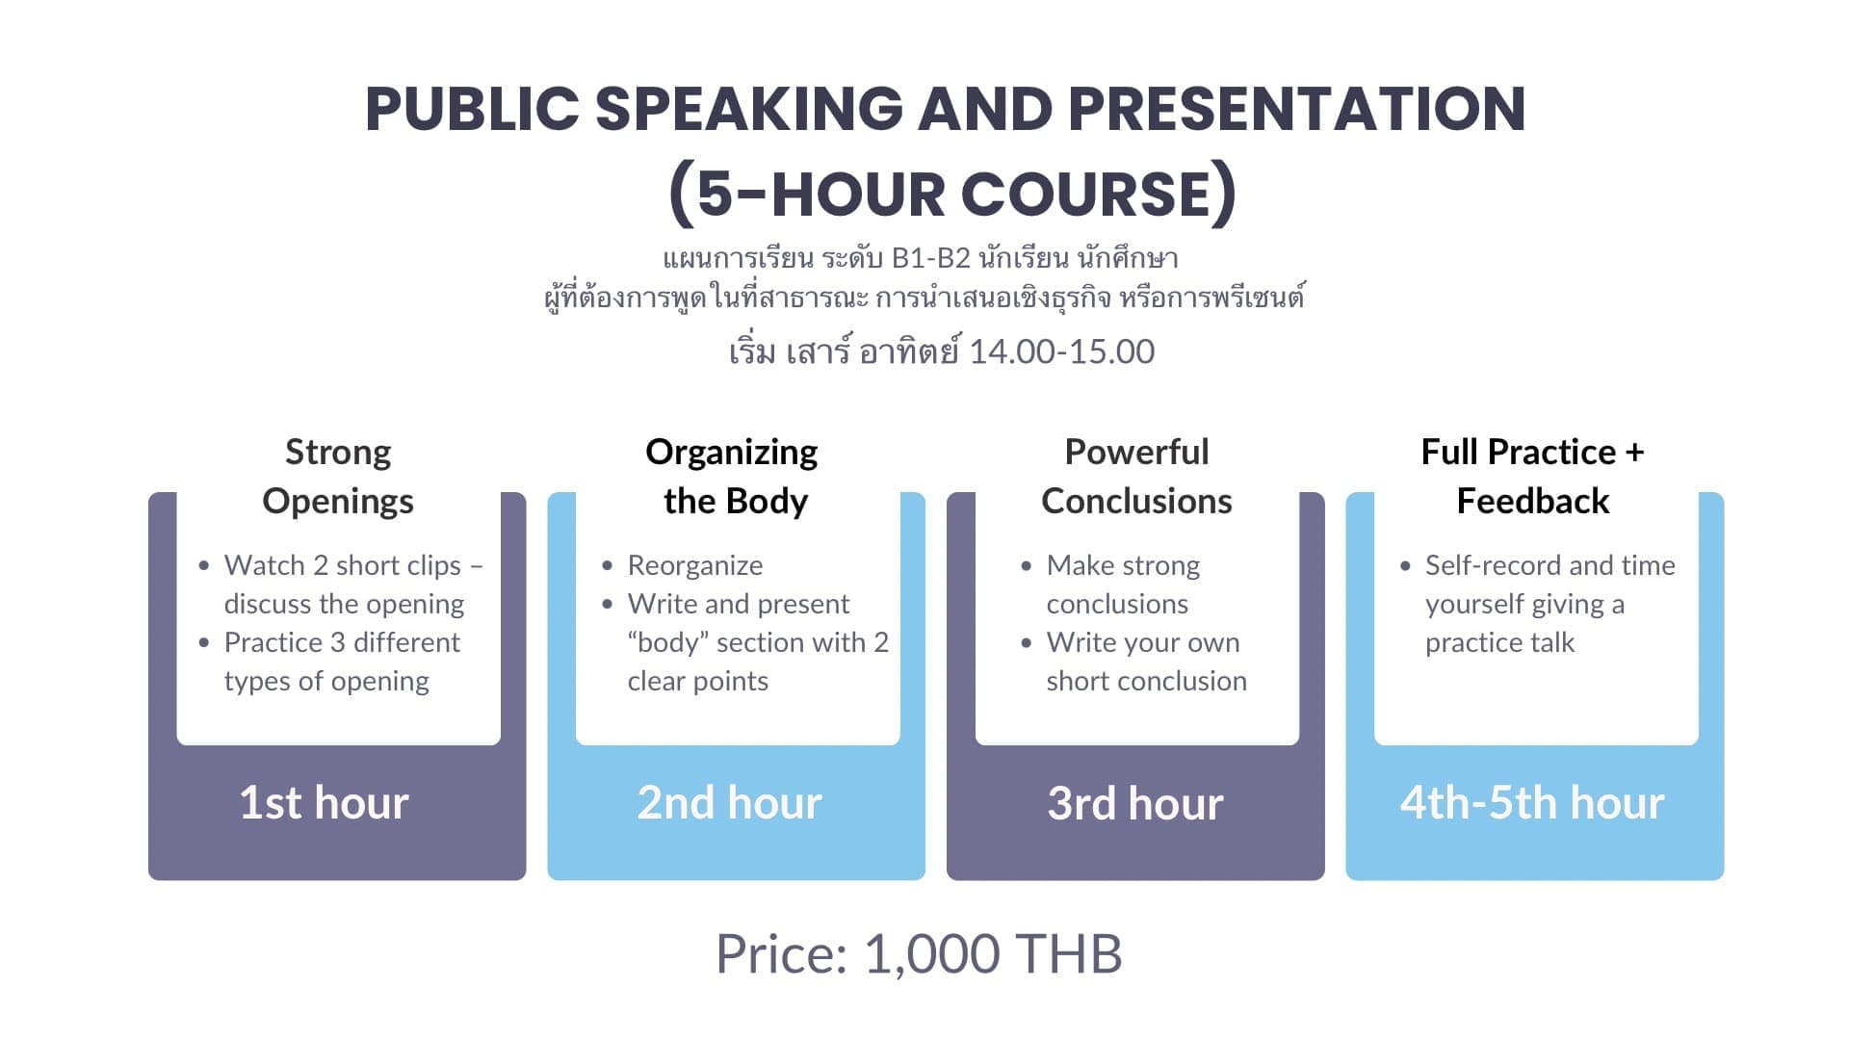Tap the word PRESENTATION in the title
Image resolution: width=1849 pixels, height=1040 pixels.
1296,109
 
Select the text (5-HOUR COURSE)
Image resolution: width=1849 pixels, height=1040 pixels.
951,194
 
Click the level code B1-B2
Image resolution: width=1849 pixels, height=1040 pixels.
930,258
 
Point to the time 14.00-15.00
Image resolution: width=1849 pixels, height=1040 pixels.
1061,351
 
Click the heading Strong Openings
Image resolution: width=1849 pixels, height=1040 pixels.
338,476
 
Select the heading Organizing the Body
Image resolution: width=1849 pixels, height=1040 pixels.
733,476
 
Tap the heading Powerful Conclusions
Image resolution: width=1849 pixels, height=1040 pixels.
1136,476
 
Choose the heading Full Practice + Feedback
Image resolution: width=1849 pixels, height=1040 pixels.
1532,476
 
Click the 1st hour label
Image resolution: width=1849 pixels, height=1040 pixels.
324,802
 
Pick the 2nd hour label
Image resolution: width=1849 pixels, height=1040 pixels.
729,802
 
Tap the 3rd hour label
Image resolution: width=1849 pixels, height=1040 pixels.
1134,802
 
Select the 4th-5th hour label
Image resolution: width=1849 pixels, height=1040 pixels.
1531,802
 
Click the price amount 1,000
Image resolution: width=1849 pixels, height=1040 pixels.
932,954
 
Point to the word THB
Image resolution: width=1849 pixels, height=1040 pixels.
1069,954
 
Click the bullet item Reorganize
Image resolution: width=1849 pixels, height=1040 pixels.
694,565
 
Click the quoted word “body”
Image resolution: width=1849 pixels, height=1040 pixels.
667,642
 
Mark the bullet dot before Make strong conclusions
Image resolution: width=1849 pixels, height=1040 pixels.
1027,566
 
